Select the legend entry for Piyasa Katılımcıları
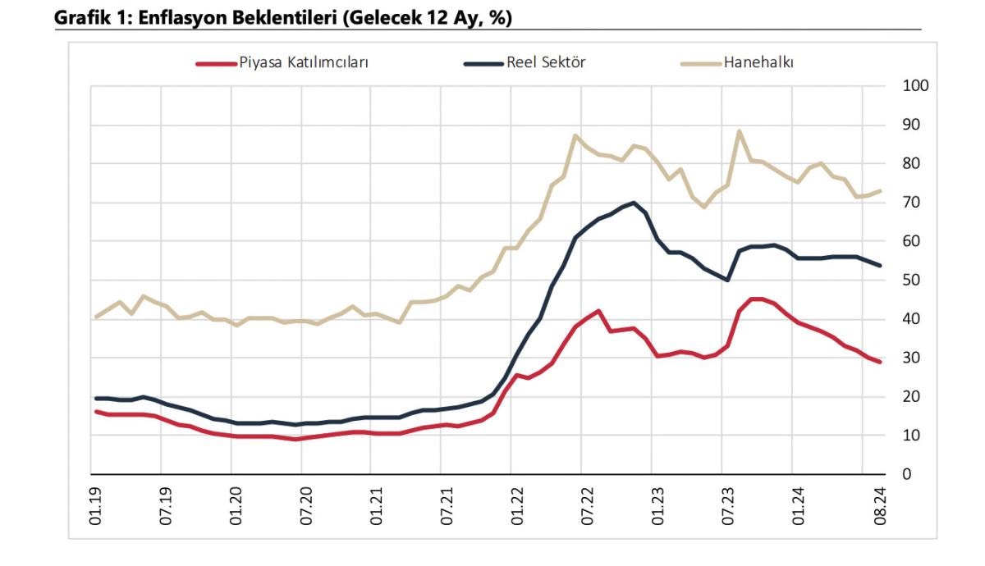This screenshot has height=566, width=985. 303,63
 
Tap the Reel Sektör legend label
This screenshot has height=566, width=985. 545,63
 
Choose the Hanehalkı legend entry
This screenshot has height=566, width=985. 758,63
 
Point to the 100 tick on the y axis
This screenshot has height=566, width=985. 914,86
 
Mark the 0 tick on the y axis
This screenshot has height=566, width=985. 906,474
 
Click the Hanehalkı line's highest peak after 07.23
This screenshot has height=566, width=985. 740,131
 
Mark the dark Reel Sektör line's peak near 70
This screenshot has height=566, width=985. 633,203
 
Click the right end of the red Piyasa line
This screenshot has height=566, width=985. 880,362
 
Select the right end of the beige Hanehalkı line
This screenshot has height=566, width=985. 880,191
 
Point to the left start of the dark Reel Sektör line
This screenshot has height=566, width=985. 97,399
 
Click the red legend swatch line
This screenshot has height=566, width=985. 215,63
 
